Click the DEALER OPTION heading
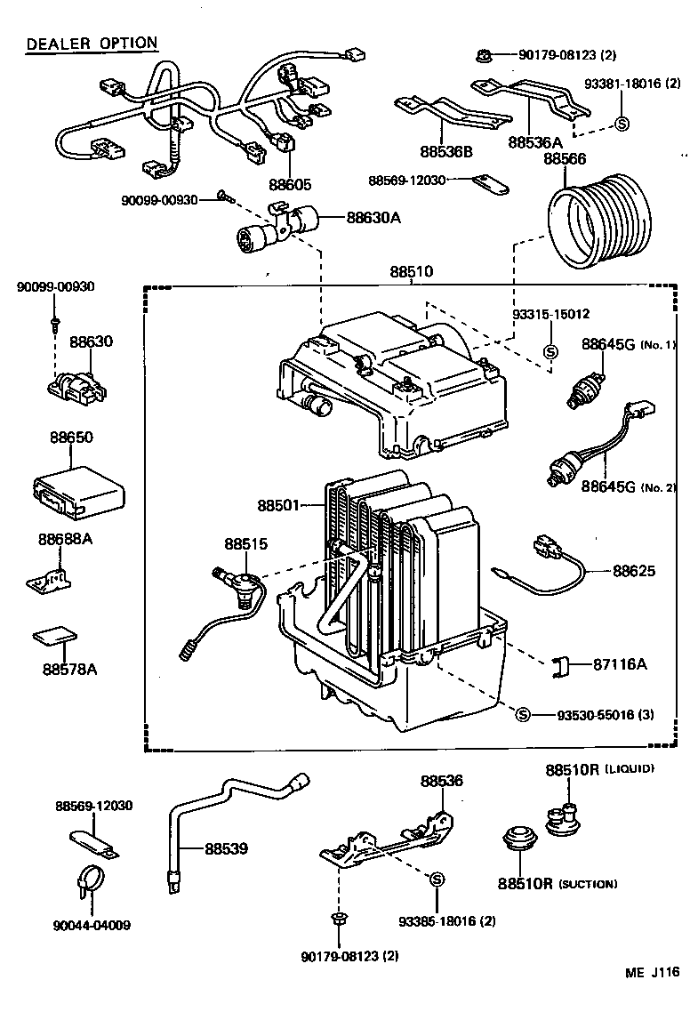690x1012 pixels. coord(92,44)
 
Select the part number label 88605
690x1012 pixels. coord(289,185)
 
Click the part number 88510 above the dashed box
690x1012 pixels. coord(413,271)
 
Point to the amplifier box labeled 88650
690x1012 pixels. coord(78,489)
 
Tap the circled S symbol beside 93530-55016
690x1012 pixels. coord(523,714)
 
